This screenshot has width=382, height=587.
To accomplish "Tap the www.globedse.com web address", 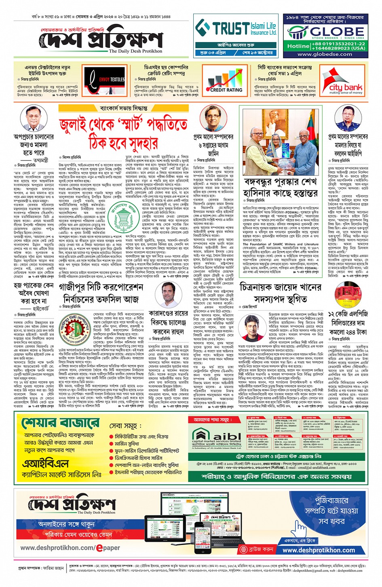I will [x=325, y=54].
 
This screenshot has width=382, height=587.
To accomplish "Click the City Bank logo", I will [x=346, y=82].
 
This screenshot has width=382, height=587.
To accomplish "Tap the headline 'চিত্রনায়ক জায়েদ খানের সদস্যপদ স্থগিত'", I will [x=281, y=293].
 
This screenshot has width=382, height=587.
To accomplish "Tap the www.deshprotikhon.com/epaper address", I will [x=70, y=548].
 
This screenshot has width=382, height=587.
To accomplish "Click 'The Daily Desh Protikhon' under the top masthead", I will [x=135, y=51].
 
